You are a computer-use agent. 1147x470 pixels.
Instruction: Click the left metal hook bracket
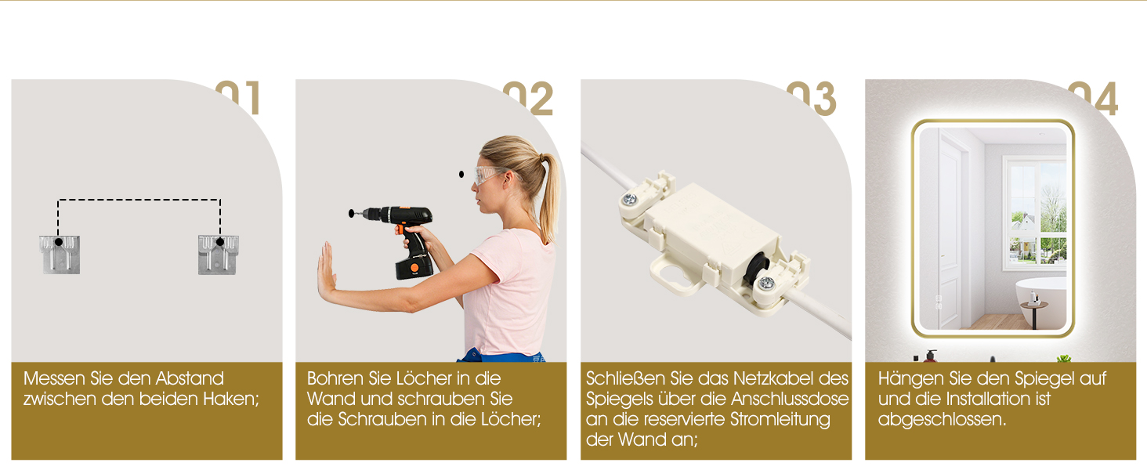click(x=60, y=255)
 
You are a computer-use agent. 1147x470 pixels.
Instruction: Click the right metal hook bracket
click(x=218, y=255)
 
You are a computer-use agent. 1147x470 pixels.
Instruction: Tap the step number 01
click(x=238, y=97)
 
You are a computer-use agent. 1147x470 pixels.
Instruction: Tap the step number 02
click(x=528, y=97)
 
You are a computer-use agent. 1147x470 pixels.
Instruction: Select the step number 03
click(x=812, y=97)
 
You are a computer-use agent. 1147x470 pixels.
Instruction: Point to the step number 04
click(x=1093, y=97)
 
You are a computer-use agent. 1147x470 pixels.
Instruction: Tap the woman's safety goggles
click(x=490, y=175)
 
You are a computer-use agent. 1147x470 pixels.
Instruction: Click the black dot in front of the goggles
click(x=461, y=175)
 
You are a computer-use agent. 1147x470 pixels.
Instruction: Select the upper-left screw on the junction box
click(x=629, y=199)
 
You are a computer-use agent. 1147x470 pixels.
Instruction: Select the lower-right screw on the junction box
click(x=766, y=283)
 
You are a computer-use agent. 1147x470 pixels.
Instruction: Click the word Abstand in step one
click(x=190, y=378)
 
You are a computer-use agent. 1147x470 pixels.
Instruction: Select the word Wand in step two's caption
click(x=331, y=399)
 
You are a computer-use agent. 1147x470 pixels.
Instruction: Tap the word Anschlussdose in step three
click(x=790, y=399)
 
